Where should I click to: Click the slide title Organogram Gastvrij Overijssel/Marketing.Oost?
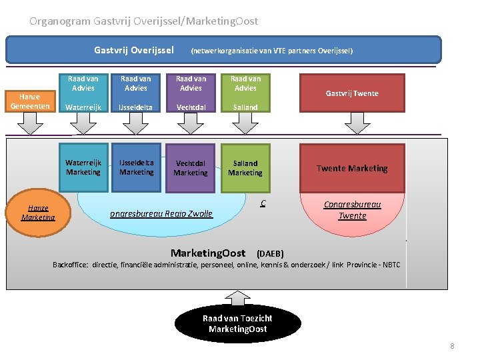143,21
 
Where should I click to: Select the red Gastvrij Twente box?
351,93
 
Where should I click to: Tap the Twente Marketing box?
351,168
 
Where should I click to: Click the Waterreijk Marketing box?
83,167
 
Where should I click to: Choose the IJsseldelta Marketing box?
136,167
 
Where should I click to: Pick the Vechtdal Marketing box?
191,168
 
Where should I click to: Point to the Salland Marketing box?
245,168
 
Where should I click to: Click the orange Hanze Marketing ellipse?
38,213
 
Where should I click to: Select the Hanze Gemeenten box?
29,101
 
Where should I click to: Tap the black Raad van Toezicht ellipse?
237,323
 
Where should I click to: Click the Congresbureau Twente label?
352,210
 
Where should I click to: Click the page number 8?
452,346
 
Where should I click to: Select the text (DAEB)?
270,254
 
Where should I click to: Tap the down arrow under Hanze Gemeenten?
29,123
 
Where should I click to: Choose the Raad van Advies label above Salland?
245,83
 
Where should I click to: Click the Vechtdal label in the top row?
191,107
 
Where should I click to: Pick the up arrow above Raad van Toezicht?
237,297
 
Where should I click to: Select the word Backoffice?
71,265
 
